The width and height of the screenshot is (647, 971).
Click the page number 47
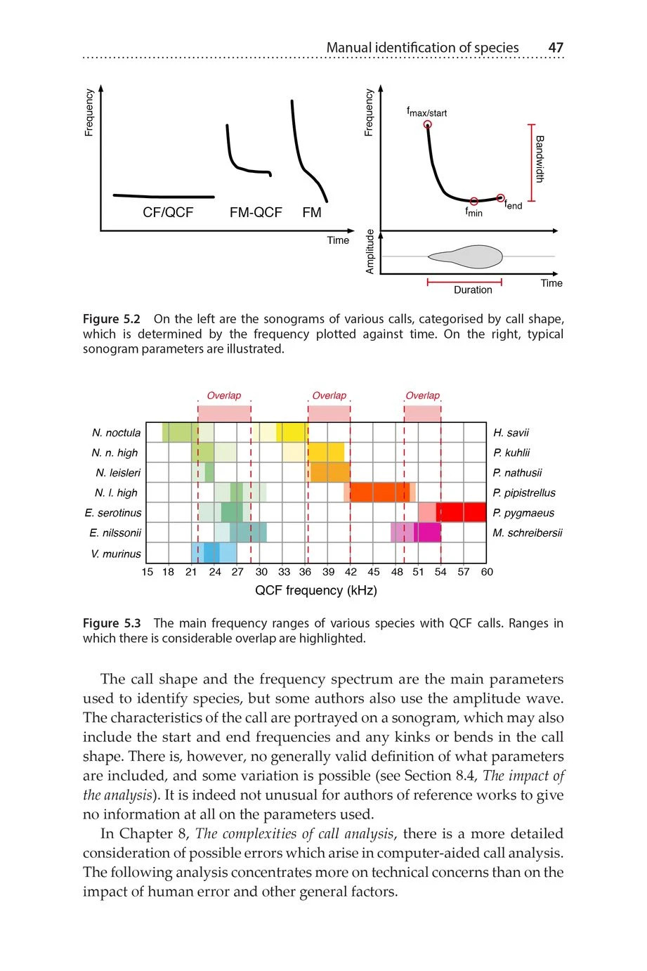pos(556,48)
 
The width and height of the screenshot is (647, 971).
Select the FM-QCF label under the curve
pos(255,213)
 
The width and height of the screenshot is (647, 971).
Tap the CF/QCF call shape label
pos(167,213)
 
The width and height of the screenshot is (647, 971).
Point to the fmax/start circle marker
pos(428,125)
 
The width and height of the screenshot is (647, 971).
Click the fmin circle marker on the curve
pos(474,202)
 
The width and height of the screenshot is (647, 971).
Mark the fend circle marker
pos(500,198)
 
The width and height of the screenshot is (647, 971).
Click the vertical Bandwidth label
pos(540,159)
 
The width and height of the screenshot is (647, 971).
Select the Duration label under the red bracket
pos(473,290)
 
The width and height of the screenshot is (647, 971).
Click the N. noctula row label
pos(116,433)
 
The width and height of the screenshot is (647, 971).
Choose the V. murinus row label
pos(116,554)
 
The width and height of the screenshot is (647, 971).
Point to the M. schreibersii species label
pos(528,533)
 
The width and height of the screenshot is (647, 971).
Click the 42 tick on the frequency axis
pos(351,572)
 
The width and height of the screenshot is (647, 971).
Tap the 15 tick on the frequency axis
pos(147,572)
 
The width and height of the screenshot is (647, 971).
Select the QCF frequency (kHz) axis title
pos(315,591)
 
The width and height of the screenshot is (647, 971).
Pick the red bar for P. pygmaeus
pos(460,512)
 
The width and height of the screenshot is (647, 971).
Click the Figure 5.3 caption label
pos(112,623)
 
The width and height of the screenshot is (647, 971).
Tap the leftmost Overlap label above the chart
pos(223,396)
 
